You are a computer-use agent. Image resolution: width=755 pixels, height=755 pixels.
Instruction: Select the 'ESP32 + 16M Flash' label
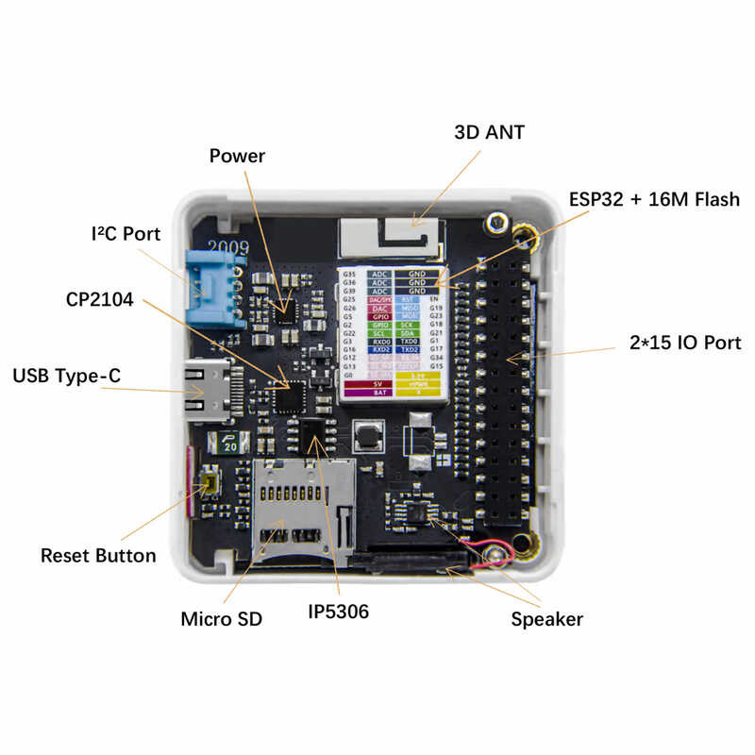654,200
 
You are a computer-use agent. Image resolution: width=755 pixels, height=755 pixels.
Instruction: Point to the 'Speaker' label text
546,620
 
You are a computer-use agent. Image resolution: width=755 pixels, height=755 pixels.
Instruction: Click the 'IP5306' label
338,612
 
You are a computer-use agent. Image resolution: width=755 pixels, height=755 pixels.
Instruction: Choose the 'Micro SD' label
221,620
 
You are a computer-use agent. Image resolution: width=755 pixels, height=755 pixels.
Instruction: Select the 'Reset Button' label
98,555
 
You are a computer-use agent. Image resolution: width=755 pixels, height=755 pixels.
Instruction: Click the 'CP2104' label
100,299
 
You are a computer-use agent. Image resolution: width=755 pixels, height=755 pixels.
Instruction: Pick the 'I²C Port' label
126,233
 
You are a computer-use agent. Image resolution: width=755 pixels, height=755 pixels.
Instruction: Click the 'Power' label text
237,156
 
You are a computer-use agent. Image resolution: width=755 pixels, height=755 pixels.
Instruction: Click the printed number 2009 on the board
229,246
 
